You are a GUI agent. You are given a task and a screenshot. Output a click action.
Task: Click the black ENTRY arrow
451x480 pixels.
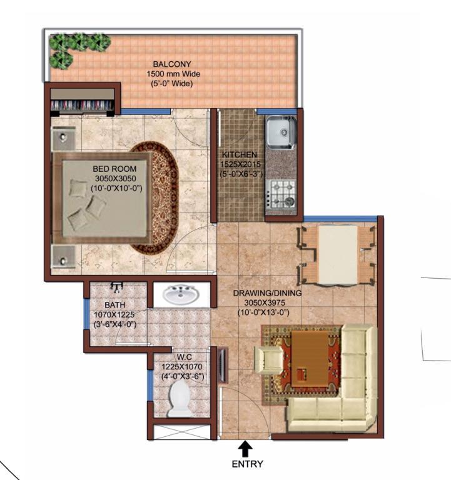click(x=245, y=449)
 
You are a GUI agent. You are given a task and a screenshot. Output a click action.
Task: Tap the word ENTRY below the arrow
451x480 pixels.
click(x=247, y=464)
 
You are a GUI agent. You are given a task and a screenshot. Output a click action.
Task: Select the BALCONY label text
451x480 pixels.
click(x=172, y=64)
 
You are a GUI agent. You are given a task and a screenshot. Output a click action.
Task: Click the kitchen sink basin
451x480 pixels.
click(x=281, y=133)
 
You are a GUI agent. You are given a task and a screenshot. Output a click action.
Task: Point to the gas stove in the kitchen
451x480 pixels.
click(x=281, y=194)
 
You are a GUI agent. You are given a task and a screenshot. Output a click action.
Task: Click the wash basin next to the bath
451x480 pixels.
click(x=180, y=294)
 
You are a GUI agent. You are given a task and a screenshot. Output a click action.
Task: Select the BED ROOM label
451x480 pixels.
click(x=114, y=169)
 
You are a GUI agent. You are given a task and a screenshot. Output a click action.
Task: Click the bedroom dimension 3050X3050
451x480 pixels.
click(x=116, y=178)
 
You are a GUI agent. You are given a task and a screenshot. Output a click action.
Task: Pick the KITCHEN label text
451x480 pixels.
click(x=240, y=154)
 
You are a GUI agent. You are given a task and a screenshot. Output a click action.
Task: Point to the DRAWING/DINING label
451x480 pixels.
click(x=267, y=293)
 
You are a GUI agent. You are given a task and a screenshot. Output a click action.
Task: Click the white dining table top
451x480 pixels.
click(x=338, y=255)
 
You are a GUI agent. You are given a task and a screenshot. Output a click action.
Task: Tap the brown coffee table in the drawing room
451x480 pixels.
click(x=309, y=359)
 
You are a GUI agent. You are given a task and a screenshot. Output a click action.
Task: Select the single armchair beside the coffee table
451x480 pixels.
click(x=269, y=360)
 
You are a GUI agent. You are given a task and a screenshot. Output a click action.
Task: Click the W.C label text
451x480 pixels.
click(x=184, y=357)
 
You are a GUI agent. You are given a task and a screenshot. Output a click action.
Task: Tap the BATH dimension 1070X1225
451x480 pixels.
click(x=114, y=314)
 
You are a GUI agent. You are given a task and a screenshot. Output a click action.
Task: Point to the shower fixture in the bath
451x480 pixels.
click(x=116, y=287)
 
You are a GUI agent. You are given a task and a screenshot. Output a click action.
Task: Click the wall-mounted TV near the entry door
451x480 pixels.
click(x=223, y=365)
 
